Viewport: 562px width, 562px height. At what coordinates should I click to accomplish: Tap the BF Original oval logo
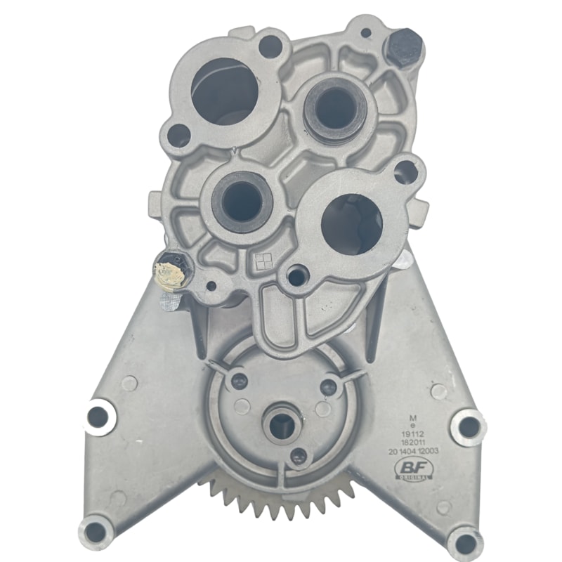(x=413, y=469)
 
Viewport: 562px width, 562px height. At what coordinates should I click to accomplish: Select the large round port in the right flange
(x=352, y=223)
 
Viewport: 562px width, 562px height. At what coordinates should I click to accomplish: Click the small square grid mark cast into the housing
(x=263, y=261)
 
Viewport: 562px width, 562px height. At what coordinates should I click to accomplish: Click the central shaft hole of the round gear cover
(x=282, y=424)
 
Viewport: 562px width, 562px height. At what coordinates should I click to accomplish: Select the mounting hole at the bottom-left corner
(x=96, y=531)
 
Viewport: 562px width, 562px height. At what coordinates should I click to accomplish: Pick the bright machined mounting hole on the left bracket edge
(x=98, y=417)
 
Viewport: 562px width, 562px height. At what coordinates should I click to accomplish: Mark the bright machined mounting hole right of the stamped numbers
(x=468, y=426)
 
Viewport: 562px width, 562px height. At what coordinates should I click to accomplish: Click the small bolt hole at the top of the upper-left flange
(x=270, y=46)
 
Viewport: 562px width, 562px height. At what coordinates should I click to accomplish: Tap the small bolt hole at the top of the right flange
(x=405, y=172)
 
